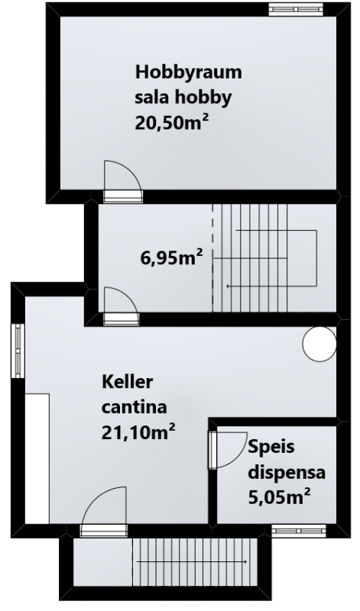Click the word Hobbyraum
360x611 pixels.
coord(188,73)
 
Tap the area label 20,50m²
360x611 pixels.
coord(171,123)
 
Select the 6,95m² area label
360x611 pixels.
coord(172,258)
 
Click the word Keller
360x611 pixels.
coord(127,383)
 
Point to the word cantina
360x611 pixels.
coord(135,408)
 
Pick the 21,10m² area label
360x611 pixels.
coord(138,432)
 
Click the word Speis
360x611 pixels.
coord(271,447)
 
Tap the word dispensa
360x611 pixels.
coord(287,473)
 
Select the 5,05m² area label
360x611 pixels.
coord(279,498)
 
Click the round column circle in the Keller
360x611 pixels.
coord(319,344)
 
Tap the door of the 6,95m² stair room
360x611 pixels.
coord(122,306)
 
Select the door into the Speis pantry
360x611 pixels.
coord(229,450)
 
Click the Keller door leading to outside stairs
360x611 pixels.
coord(105,511)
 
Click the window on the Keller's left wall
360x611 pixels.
coord(18,351)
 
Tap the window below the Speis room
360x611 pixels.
coord(298,530)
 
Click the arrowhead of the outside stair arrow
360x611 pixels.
coord(245,561)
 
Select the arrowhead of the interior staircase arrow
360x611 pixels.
coord(229,287)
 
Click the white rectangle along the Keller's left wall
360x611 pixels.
coord(37,459)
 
